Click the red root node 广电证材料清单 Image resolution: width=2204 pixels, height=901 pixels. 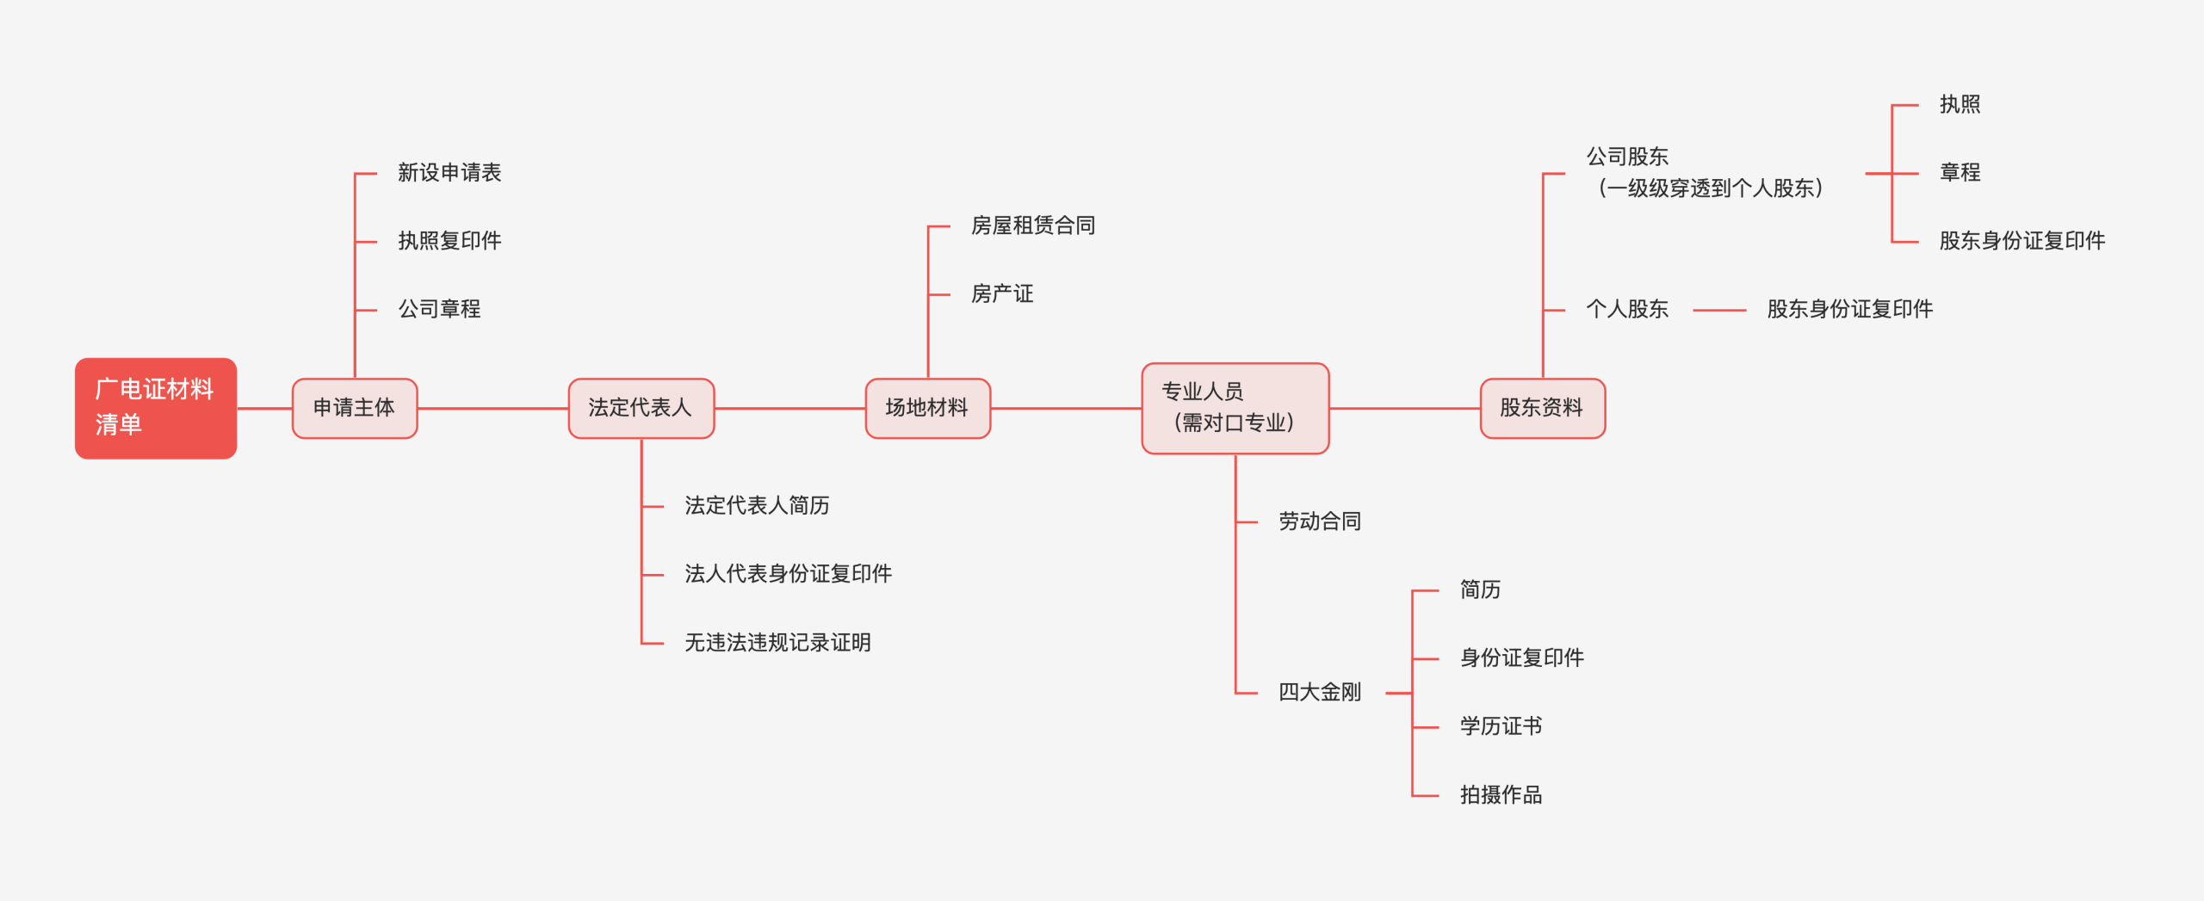(x=155, y=408)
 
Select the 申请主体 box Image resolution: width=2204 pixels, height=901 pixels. (x=355, y=408)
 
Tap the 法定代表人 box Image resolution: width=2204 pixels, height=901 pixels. (x=641, y=408)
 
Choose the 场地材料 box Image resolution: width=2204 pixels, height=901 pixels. (x=927, y=408)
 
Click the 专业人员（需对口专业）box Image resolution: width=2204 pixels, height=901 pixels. (x=1235, y=408)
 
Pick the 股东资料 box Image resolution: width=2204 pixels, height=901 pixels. (x=1542, y=408)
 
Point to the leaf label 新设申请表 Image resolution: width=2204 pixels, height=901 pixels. (x=449, y=173)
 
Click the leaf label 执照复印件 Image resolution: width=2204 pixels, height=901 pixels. (x=449, y=241)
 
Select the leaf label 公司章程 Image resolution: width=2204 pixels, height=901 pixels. (x=439, y=309)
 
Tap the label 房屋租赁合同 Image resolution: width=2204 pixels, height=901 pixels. (x=1032, y=225)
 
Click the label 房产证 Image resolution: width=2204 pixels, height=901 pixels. (x=1001, y=294)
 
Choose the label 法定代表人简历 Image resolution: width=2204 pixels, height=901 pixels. (x=757, y=506)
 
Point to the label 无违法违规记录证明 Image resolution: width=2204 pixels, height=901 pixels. (x=777, y=643)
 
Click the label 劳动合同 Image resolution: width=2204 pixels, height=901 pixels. (x=1319, y=521)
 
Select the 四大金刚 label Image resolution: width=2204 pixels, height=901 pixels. (x=1319, y=693)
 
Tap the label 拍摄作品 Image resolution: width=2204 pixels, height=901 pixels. (x=1501, y=795)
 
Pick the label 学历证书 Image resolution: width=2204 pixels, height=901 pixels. (x=1501, y=727)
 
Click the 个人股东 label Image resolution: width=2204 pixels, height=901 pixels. (x=1627, y=309)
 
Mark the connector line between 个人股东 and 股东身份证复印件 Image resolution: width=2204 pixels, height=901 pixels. (x=1718, y=310)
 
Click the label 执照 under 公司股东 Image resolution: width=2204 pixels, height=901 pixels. (x=1959, y=105)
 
